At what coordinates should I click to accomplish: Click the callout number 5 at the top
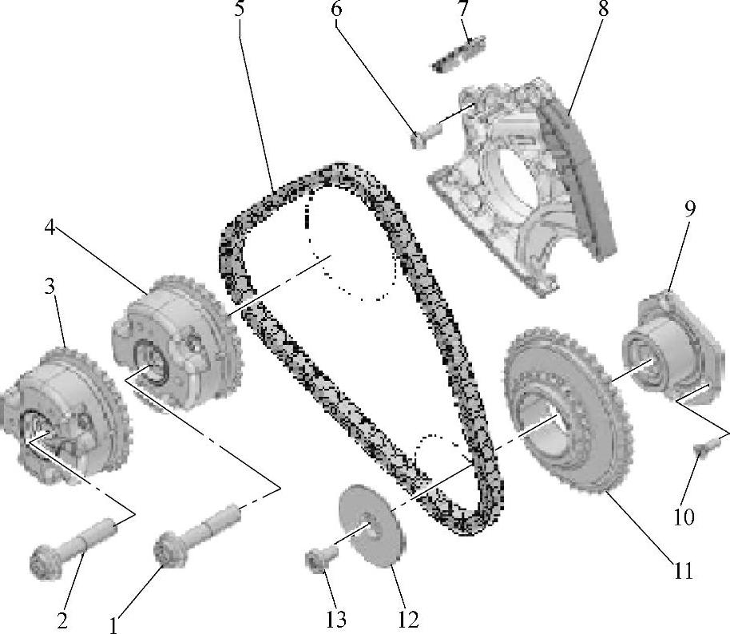click(x=239, y=8)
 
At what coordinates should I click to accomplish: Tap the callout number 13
click(x=336, y=620)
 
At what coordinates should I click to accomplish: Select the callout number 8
click(x=603, y=8)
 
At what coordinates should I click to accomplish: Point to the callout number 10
click(x=684, y=517)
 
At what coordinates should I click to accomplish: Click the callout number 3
click(x=50, y=287)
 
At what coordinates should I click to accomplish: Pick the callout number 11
click(x=683, y=570)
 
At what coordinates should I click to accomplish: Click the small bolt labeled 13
click(x=322, y=557)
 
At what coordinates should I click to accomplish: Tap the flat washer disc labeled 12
click(x=372, y=525)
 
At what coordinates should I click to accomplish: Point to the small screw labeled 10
click(x=704, y=449)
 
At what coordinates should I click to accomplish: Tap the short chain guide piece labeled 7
click(x=459, y=54)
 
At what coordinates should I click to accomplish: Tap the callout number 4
click(x=50, y=228)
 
